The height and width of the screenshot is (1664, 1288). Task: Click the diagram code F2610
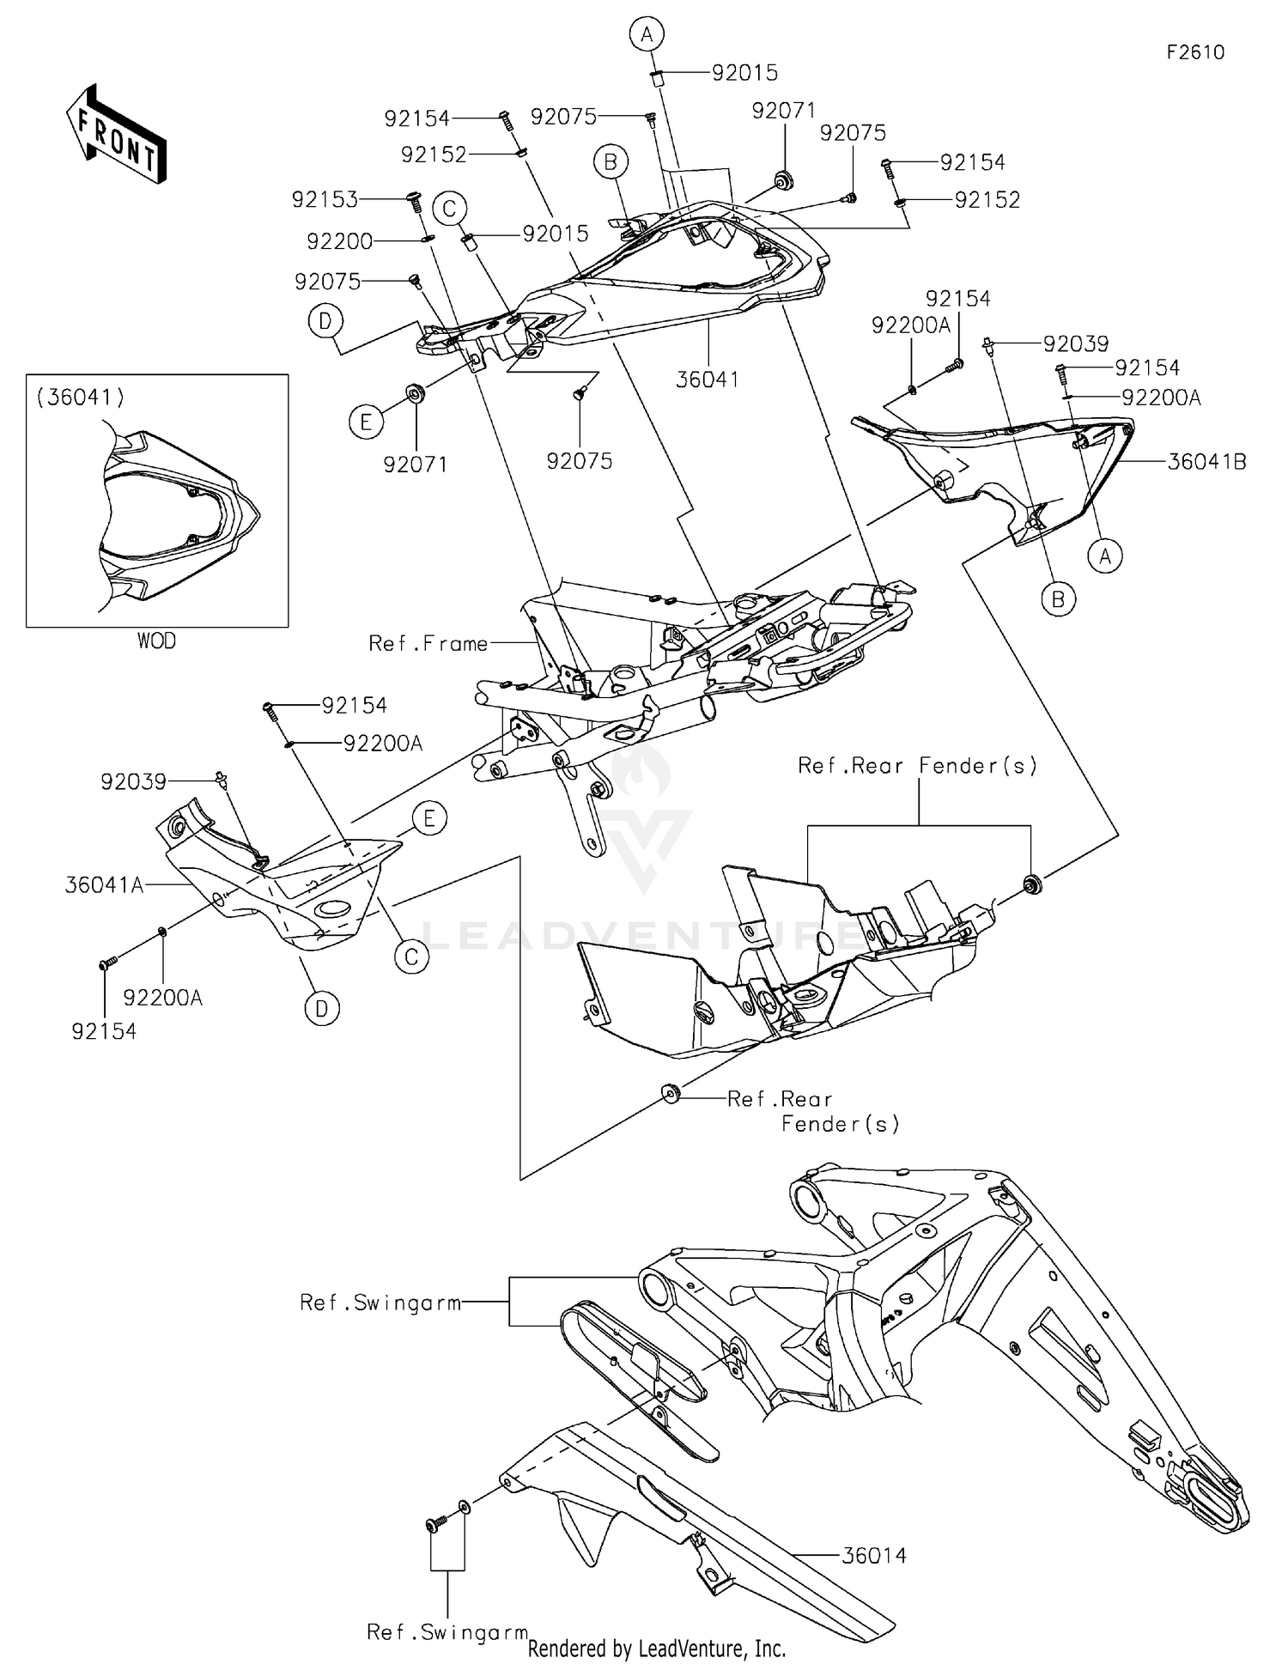pos(1195,52)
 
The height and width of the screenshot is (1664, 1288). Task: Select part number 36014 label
pos(873,1555)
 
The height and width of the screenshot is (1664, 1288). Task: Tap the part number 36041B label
pos(1206,462)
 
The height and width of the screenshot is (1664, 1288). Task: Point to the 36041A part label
pos(104,884)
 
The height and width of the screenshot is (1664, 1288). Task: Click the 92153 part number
pos(325,200)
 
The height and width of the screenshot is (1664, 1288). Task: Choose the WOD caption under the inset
pos(156,641)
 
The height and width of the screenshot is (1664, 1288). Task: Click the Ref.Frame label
pos(428,643)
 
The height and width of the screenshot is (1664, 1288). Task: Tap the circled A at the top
pos(647,34)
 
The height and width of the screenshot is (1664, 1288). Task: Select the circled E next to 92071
pos(366,422)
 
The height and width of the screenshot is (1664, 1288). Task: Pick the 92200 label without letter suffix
pos(340,241)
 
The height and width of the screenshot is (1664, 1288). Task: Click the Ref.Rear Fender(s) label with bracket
pos(917,765)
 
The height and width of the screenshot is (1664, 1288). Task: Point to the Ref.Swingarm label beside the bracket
pos(380,1303)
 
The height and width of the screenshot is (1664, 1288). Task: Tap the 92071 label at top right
pos(783,111)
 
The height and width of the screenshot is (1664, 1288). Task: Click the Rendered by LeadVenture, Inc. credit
pos(657,1649)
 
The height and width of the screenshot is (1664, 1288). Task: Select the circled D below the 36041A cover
pos(321,1009)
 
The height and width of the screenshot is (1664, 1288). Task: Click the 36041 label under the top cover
pos(707,379)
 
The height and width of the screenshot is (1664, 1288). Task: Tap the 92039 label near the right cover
pos(1076,343)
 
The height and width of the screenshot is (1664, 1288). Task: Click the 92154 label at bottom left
pos(104,1031)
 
